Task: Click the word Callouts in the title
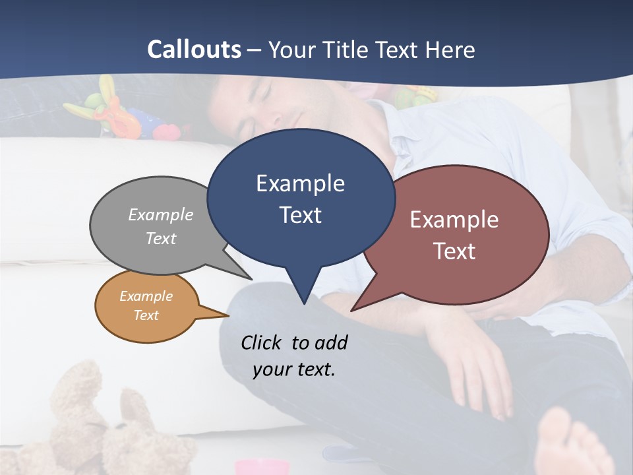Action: pyautogui.click(x=194, y=49)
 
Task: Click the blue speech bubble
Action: pyautogui.click(x=301, y=198)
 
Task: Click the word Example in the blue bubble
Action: pyautogui.click(x=300, y=183)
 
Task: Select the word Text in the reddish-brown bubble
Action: pyautogui.click(x=454, y=251)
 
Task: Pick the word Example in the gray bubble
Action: pyautogui.click(x=161, y=215)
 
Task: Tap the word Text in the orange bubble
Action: pyautogui.click(x=146, y=315)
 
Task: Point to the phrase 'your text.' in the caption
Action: pyautogui.click(x=294, y=369)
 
